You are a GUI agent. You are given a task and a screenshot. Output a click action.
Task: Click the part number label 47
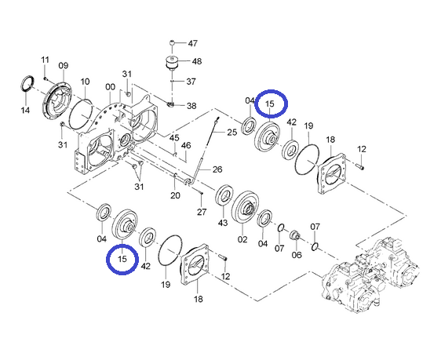coord(193,43)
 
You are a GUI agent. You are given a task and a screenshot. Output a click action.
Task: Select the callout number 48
coord(197,61)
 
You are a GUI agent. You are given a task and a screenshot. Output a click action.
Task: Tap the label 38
coord(191,106)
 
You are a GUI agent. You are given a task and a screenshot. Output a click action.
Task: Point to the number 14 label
coord(25,110)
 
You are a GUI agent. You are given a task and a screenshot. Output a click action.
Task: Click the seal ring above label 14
coord(27,83)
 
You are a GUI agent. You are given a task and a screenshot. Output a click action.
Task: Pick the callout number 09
coord(64,65)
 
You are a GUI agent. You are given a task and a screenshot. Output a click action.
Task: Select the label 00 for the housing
coord(110,87)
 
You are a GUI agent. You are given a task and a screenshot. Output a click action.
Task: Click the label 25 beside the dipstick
coord(232,132)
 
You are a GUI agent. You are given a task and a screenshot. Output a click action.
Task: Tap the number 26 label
coord(217,169)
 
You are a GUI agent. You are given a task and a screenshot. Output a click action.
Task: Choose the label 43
coord(223,223)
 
